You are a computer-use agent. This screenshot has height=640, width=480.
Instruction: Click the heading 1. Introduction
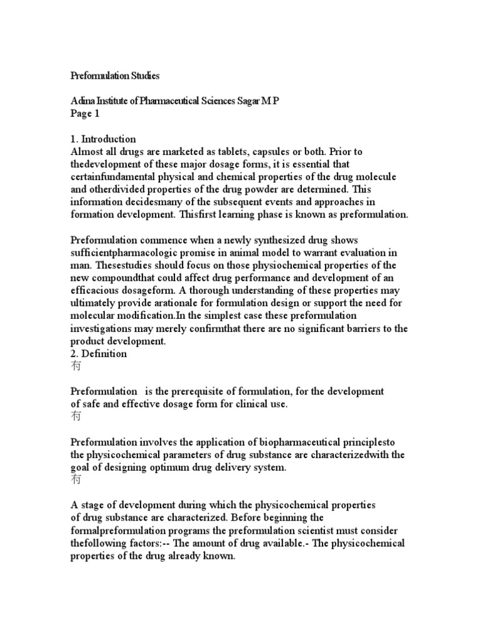[x=102, y=139]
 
